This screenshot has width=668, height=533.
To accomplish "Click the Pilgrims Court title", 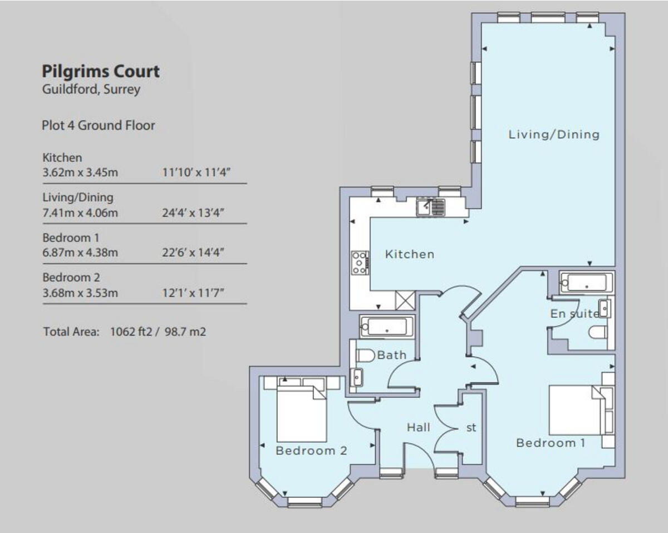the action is pyautogui.click(x=101, y=72).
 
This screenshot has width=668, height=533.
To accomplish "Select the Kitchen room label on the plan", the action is pyautogui.click(x=410, y=254).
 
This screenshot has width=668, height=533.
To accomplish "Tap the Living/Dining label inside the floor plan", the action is pyautogui.click(x=554, y=135).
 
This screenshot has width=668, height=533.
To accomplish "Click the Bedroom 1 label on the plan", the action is pyautogui.click(x=551, y=443).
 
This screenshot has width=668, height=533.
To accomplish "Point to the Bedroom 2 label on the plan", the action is pyautogui.click(x=311, y=451).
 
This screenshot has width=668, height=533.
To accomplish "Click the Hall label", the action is pyautogui.click(x=419, y=427).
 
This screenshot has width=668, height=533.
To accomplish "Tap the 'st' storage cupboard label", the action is pyautogui.click(x=471, y=428).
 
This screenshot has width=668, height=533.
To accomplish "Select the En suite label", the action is pyautogui.click(x=574, y=314).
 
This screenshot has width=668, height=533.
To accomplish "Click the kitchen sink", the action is pyautogui.click(x=431, y=207).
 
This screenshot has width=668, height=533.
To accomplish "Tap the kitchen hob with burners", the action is pyautogui.click(x=360, y=263).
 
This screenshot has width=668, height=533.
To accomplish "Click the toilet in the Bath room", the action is pyautogui.click(x=366, y=356).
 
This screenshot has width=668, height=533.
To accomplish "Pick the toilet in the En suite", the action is pyautogui.click(x=598, y=333).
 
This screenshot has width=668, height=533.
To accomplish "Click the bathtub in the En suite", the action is pyautogui.click(x=586, y=283).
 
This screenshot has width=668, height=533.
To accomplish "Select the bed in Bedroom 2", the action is pyautogui.click(x=302, y=413).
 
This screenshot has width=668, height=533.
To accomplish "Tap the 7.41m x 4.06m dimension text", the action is pyautogui.click(x=80, y=213).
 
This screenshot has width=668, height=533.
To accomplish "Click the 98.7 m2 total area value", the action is pyautogui.click(x=185, y=332).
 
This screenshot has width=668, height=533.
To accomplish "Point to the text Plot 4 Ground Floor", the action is pyautogui.click(x=99, y=126).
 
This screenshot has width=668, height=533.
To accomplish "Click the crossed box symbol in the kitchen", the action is pyautogui.click(x=405, y=300).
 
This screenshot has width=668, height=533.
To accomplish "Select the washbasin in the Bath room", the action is pyautogui.click(x=357, y=377).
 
